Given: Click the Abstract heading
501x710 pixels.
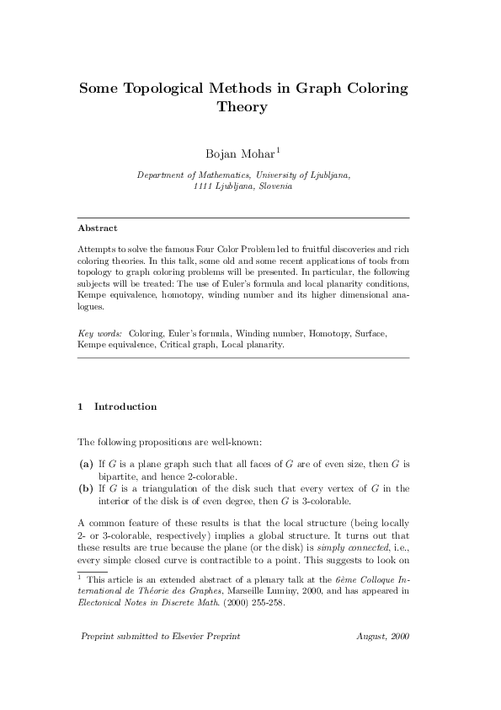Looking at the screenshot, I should [x=97, y=228].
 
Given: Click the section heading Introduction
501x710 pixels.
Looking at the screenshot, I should [x=125, y=406].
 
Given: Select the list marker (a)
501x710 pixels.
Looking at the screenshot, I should [x=85, y=464].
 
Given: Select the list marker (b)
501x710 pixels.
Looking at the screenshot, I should [x=85, y=487].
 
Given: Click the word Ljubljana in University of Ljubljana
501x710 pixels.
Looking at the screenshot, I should [x=328, y=175].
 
